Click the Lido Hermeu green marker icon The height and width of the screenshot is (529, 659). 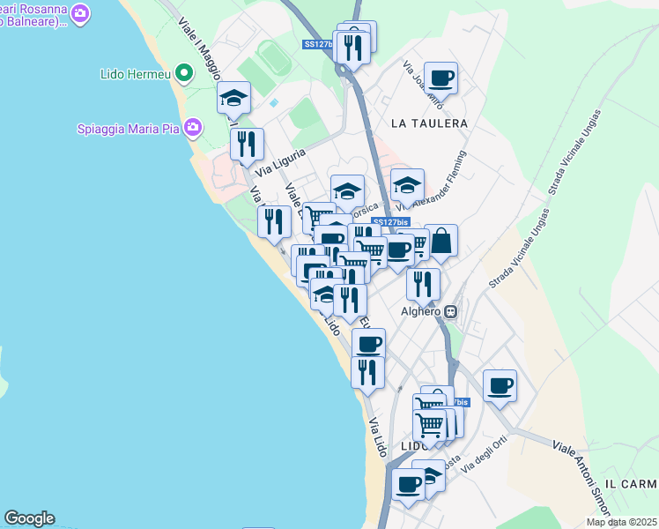tap(184, 72)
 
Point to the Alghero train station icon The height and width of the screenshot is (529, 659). tap(451, 311)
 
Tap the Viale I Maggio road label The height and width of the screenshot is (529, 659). tap(200, 49)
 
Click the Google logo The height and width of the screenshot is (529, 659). tap(29, 518)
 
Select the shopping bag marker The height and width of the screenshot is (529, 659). tap(441, 240)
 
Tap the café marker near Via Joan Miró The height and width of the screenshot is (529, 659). tap(441, 78)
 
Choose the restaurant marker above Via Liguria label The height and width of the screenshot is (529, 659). tap(247, 143)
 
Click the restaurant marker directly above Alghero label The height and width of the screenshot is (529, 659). tap(423, 283)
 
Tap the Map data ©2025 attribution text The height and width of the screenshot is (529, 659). tap(621, 522)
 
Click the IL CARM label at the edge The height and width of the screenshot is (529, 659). tap(637, 485)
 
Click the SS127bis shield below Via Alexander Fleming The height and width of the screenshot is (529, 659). tap(391, 223)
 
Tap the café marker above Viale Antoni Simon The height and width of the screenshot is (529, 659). tap(500, 384)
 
